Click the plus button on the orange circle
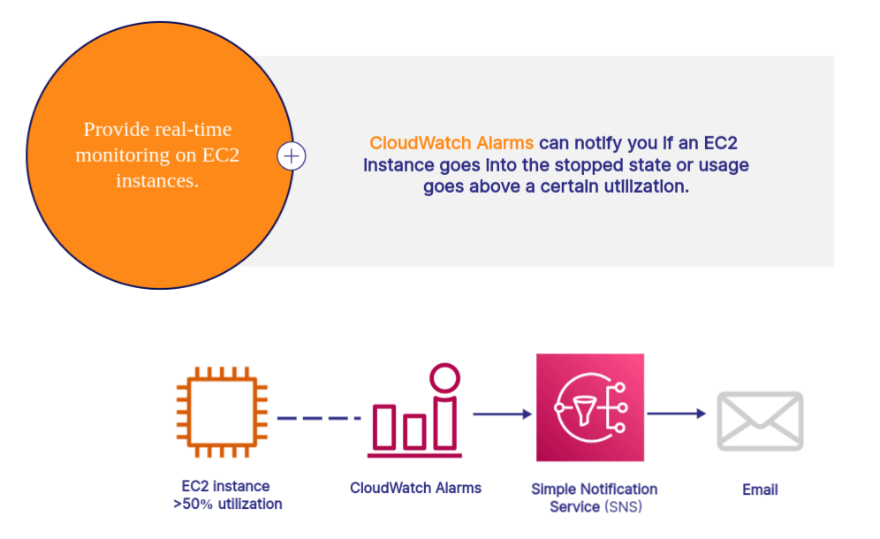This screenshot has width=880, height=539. tap(292, 156)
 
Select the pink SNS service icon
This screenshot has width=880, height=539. tap(589, 407)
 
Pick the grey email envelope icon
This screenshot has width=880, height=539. tap(759, 421)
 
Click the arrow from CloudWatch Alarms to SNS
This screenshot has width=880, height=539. tap(501, 413)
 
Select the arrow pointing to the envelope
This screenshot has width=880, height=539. tap(677, 413)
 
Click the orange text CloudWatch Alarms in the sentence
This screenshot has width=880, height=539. tap(451, 143)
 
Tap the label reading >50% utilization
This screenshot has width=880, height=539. tap(228, 505)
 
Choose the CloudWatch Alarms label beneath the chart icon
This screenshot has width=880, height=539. tap(415, 488)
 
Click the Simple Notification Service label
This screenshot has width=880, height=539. tap(594, 490)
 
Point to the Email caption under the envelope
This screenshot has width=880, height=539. tap(760, 490)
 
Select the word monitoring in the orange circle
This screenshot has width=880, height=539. tap(119, 156)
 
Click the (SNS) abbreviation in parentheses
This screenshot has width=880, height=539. tap(624, 507)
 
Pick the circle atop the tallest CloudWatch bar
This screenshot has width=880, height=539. tap(445, 377)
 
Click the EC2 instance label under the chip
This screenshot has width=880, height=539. tap(225, 486)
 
